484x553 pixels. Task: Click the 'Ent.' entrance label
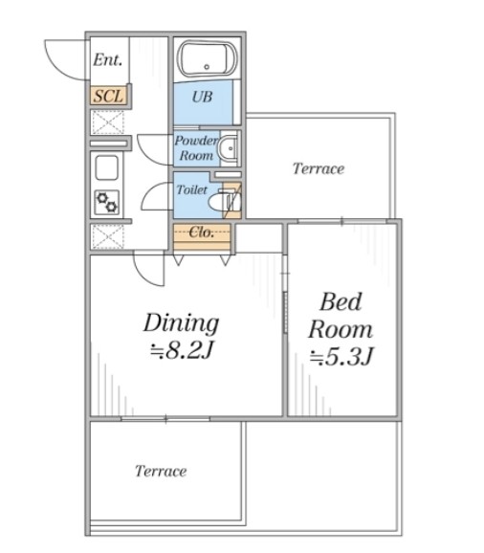click(x=107, y=59)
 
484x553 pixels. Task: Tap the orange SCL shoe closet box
click(x=108, y=96)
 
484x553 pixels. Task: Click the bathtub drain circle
click(x=207, y=66)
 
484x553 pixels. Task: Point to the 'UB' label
click(x=202, y=97)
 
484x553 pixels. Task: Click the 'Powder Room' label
click(x=196, y=147)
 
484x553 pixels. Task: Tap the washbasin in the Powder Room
click(x=229, y=148)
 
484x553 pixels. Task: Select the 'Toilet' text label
click(x=191, y=189)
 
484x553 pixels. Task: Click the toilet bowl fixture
click(x=224, y=202)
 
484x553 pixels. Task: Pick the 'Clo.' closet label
click(x=201, y=232)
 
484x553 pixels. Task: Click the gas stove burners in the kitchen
click(x=107, y=203)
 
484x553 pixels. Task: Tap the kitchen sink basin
click(x=106, y=167)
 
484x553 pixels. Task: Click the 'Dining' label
click(x=181, y=322)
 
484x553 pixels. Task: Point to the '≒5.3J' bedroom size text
click(x=341, y=356)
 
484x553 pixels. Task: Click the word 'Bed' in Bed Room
click(x=341, y=301)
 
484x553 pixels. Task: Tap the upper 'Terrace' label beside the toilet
click(x=319, y=168)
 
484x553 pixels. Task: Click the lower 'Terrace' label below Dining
click(x=161, y=471)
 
